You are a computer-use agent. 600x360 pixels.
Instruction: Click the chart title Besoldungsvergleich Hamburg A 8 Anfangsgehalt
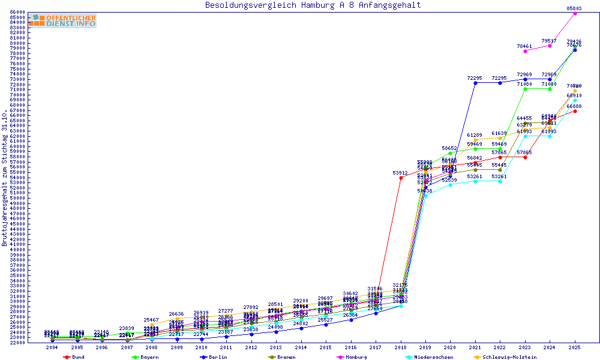tap(313, 5)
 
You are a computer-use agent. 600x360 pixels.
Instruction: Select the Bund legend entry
tap(74, 357)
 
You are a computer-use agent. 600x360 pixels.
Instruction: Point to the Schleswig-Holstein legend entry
tap(504, 357)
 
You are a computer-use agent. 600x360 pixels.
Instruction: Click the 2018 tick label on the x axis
tap(401, 347)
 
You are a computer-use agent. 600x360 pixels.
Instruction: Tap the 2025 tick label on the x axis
tap(575, 347)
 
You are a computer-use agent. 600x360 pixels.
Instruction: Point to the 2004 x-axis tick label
tap(53, 347)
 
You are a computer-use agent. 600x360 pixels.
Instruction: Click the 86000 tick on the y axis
tap(17, 13)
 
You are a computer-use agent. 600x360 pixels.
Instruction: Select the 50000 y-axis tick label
tap(17, 198)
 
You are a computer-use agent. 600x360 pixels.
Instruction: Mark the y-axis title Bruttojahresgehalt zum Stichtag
tap(5, 178)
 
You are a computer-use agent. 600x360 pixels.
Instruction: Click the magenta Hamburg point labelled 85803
tap(575, 13)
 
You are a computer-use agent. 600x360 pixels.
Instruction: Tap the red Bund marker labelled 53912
tap(401, 178)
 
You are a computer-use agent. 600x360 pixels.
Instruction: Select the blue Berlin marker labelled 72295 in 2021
tap(475, 83)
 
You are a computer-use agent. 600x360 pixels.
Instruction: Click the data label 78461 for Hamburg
tap(524, 46)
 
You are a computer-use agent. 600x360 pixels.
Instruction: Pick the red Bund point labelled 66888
tap(575, 111)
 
